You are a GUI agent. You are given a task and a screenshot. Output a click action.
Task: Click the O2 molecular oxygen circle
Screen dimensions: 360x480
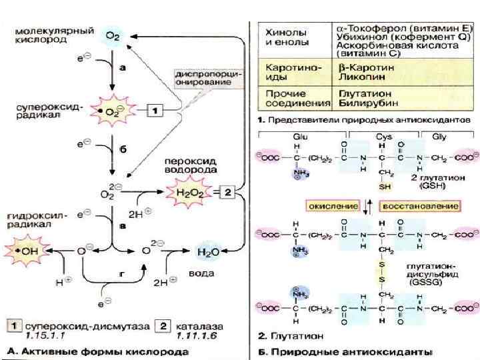(x=113, y=35)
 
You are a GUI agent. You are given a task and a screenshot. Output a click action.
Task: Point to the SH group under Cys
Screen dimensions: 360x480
(x=385, y=187)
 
